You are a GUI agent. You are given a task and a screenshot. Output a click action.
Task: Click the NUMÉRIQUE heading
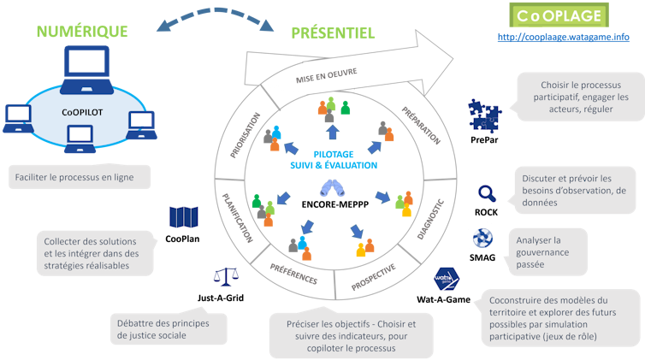coord(81,32)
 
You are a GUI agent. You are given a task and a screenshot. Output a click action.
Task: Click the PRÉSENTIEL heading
coord(333,33)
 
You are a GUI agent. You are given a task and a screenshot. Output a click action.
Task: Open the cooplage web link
coord(563,38)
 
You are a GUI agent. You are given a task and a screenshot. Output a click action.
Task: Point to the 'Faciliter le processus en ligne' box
coord(82,177)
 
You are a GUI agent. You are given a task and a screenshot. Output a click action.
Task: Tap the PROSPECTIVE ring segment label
coord(373,275)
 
